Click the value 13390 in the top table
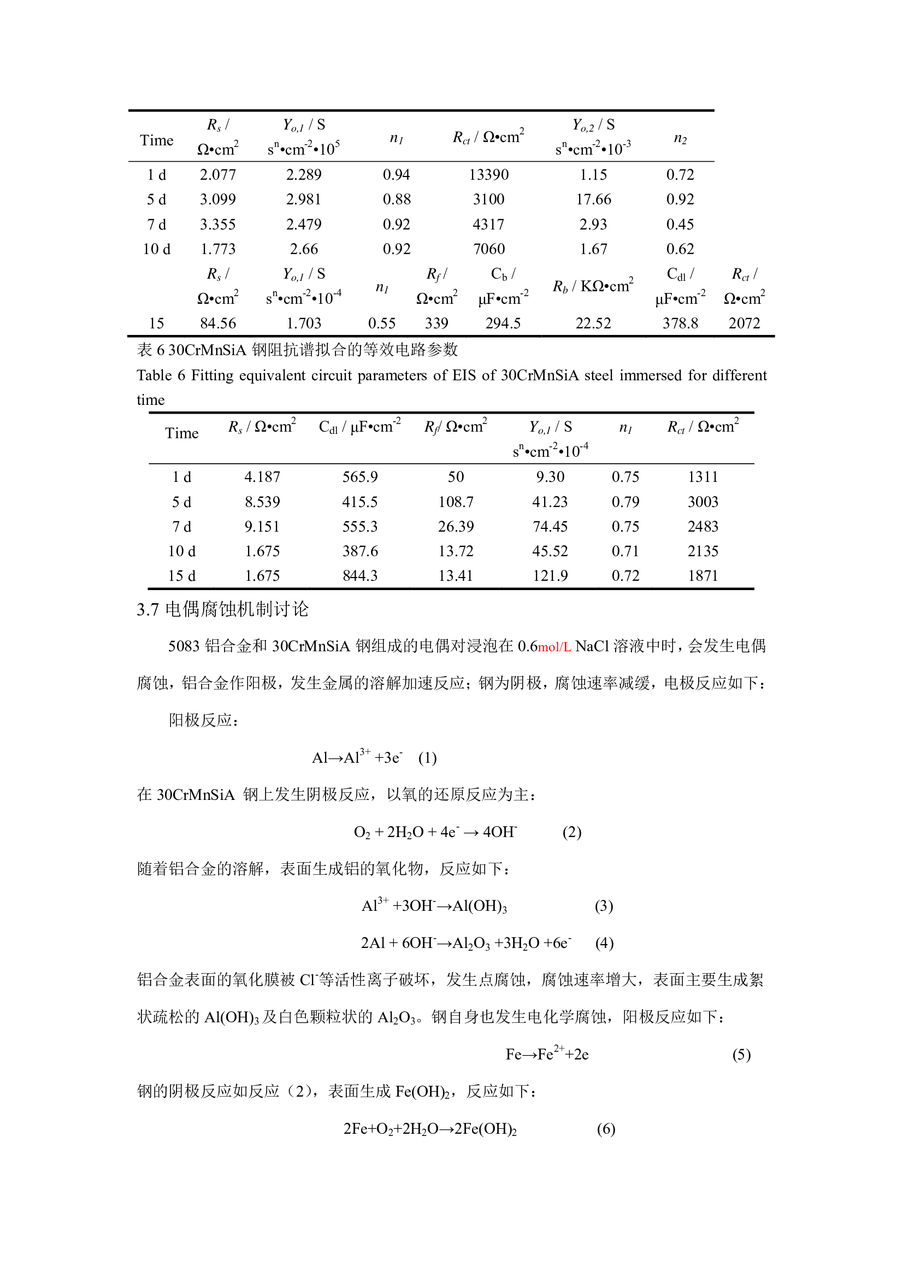pyautogui.click(x=488, y=175)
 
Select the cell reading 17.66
pyautogui.click(x=593, y=199)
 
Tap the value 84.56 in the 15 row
pyautogui.click(x=218, y=323)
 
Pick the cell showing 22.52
pyautogui.click(x=593, y=323)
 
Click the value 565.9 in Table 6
pyautogui.click(x=360, y=477)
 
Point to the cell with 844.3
pyautogui.click(x=360, y=575)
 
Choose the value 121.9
pyautogui.click(x=550, y=575)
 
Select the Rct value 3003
pyautogui.click(x=703, y=502)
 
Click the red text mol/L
pyautogui.click(x=554, y=647)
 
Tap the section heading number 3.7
pyautogui.click(x=147, y=610)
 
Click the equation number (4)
pyautogui.click(x=604, y=943)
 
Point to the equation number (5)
pyautogui.click(x=741, y=1055)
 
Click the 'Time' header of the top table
pyautogui.click(x=157, y=140)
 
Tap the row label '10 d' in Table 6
pyautogui.click(x=182, y=551)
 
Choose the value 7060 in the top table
pyautogui.click(x=488, y=249)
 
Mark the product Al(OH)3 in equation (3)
pyautogui.click(x=480, y=906)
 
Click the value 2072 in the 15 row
pyautogui.click(x=744, y=323)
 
